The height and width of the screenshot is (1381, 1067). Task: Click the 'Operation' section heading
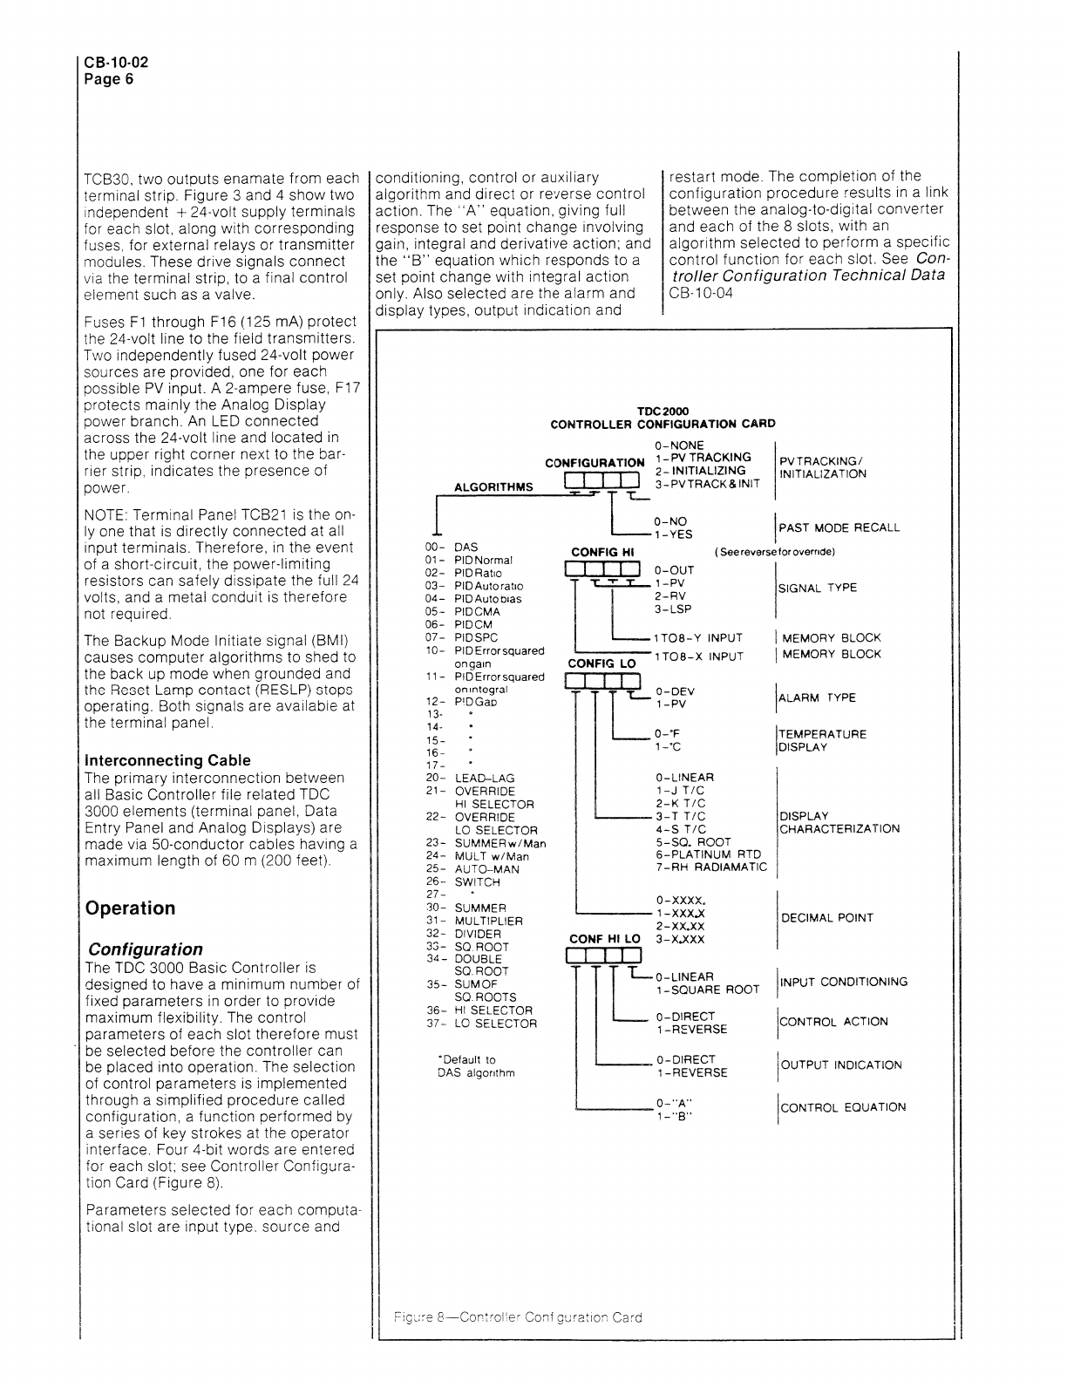130,908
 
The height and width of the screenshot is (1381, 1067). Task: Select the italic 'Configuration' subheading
144,949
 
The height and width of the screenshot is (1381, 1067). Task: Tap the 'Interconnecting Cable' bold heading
167,760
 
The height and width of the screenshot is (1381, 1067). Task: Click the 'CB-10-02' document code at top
111,64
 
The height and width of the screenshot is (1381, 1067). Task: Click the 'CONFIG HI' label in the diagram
602,552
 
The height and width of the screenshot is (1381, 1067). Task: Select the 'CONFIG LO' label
602,663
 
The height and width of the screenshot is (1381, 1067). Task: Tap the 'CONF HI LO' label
604,939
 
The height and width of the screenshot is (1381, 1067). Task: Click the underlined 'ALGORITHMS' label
493,487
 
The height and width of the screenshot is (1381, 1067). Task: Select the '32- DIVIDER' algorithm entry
474,934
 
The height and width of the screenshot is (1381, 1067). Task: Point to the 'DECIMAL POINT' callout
826,918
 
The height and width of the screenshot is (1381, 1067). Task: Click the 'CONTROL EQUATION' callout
842,1108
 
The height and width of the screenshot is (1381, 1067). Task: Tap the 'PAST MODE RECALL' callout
839,528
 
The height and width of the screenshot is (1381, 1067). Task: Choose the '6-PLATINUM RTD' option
708,854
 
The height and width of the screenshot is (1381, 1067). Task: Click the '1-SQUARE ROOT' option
708,990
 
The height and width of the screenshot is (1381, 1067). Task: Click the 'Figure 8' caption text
517,1317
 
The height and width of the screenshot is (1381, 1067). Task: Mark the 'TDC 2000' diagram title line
663,412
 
